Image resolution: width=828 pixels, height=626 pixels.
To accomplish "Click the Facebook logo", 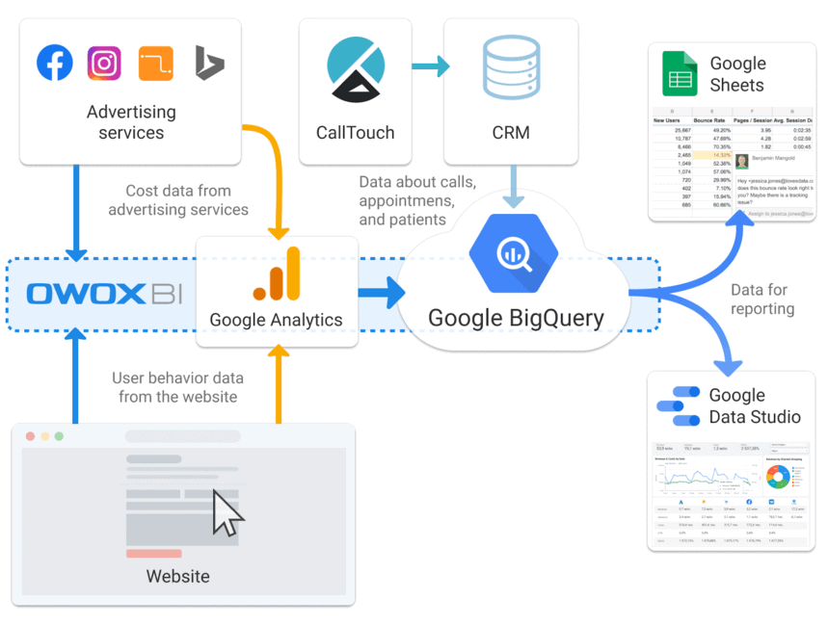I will pyautogui.click(x=55, y=63).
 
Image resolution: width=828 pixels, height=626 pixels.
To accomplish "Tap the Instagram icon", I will pyautogui.click(x=104, y=63).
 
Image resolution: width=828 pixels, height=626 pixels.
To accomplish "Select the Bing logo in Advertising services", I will pyautogui.click(x=208, y=63).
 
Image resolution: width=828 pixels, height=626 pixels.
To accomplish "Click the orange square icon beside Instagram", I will pyautogui.click(x=156, y=63).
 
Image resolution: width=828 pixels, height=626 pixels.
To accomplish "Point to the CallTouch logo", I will pyautogui.click(x=356, y=68).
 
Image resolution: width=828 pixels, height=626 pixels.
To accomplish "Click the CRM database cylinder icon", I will pyautogui.click(x=511, y=68).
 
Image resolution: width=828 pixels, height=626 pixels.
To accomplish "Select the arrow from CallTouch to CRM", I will pyautogui.click(x=431, y=66).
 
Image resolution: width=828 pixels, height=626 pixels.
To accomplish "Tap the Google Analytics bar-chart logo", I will pyautogui.click(x=278, y=274).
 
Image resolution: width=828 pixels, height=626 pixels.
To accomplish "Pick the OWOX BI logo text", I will pyautogui.click(x=103, y=294).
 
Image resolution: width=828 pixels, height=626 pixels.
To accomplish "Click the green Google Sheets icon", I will pyautogui.click(x=680, y=74).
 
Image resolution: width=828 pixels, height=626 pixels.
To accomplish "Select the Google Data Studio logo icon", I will pyautogui.click(x=678, y=406).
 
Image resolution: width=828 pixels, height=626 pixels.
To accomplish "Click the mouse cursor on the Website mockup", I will pyautogui.click(x=227, y=512).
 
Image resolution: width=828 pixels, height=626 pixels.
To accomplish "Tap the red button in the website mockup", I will pyautogui.click(x=154, y=554).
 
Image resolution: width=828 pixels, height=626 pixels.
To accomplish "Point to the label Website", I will pyautogui.click(x=177, y=577).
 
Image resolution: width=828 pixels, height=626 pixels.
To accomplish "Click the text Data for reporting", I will pyautogui.click(x=762, y=300).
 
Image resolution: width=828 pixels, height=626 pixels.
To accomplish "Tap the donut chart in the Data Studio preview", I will pyautogui.click(x=778, y=479).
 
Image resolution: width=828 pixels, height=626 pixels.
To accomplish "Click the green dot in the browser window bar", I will pyautogui.click(x=59, y=436).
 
